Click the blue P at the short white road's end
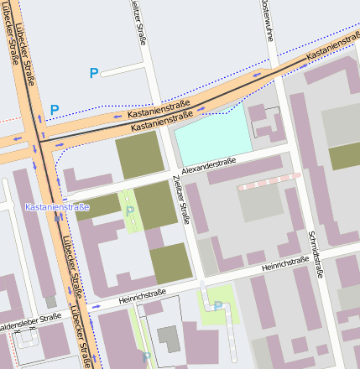(94, 73)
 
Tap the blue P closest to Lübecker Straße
(55, 109)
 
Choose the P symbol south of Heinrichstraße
(217, 306)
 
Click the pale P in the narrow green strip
(129, 211)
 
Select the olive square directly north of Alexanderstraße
(138, 154)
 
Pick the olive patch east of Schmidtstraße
(344, 156)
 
